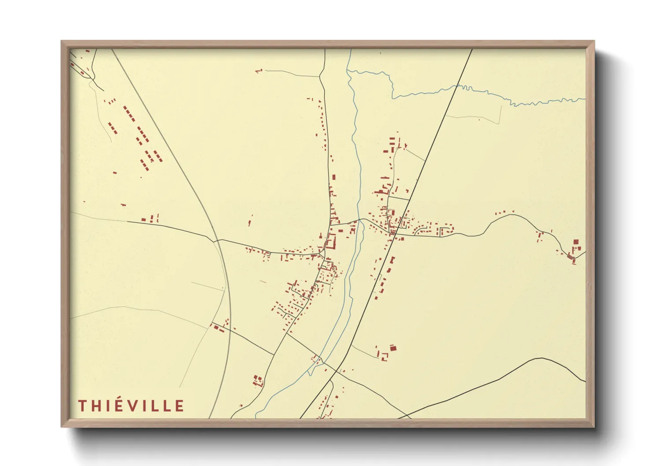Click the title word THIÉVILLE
(131, 406)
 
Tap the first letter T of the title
(82, 406)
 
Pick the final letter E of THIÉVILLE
(179, 406)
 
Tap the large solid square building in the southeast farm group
(393, 348)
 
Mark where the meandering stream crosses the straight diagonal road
(458, 86)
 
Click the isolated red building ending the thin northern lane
(259, 70)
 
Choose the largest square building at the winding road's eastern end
(576, 242)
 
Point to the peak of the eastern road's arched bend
(512, 215)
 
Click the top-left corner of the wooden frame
(62, 42)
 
